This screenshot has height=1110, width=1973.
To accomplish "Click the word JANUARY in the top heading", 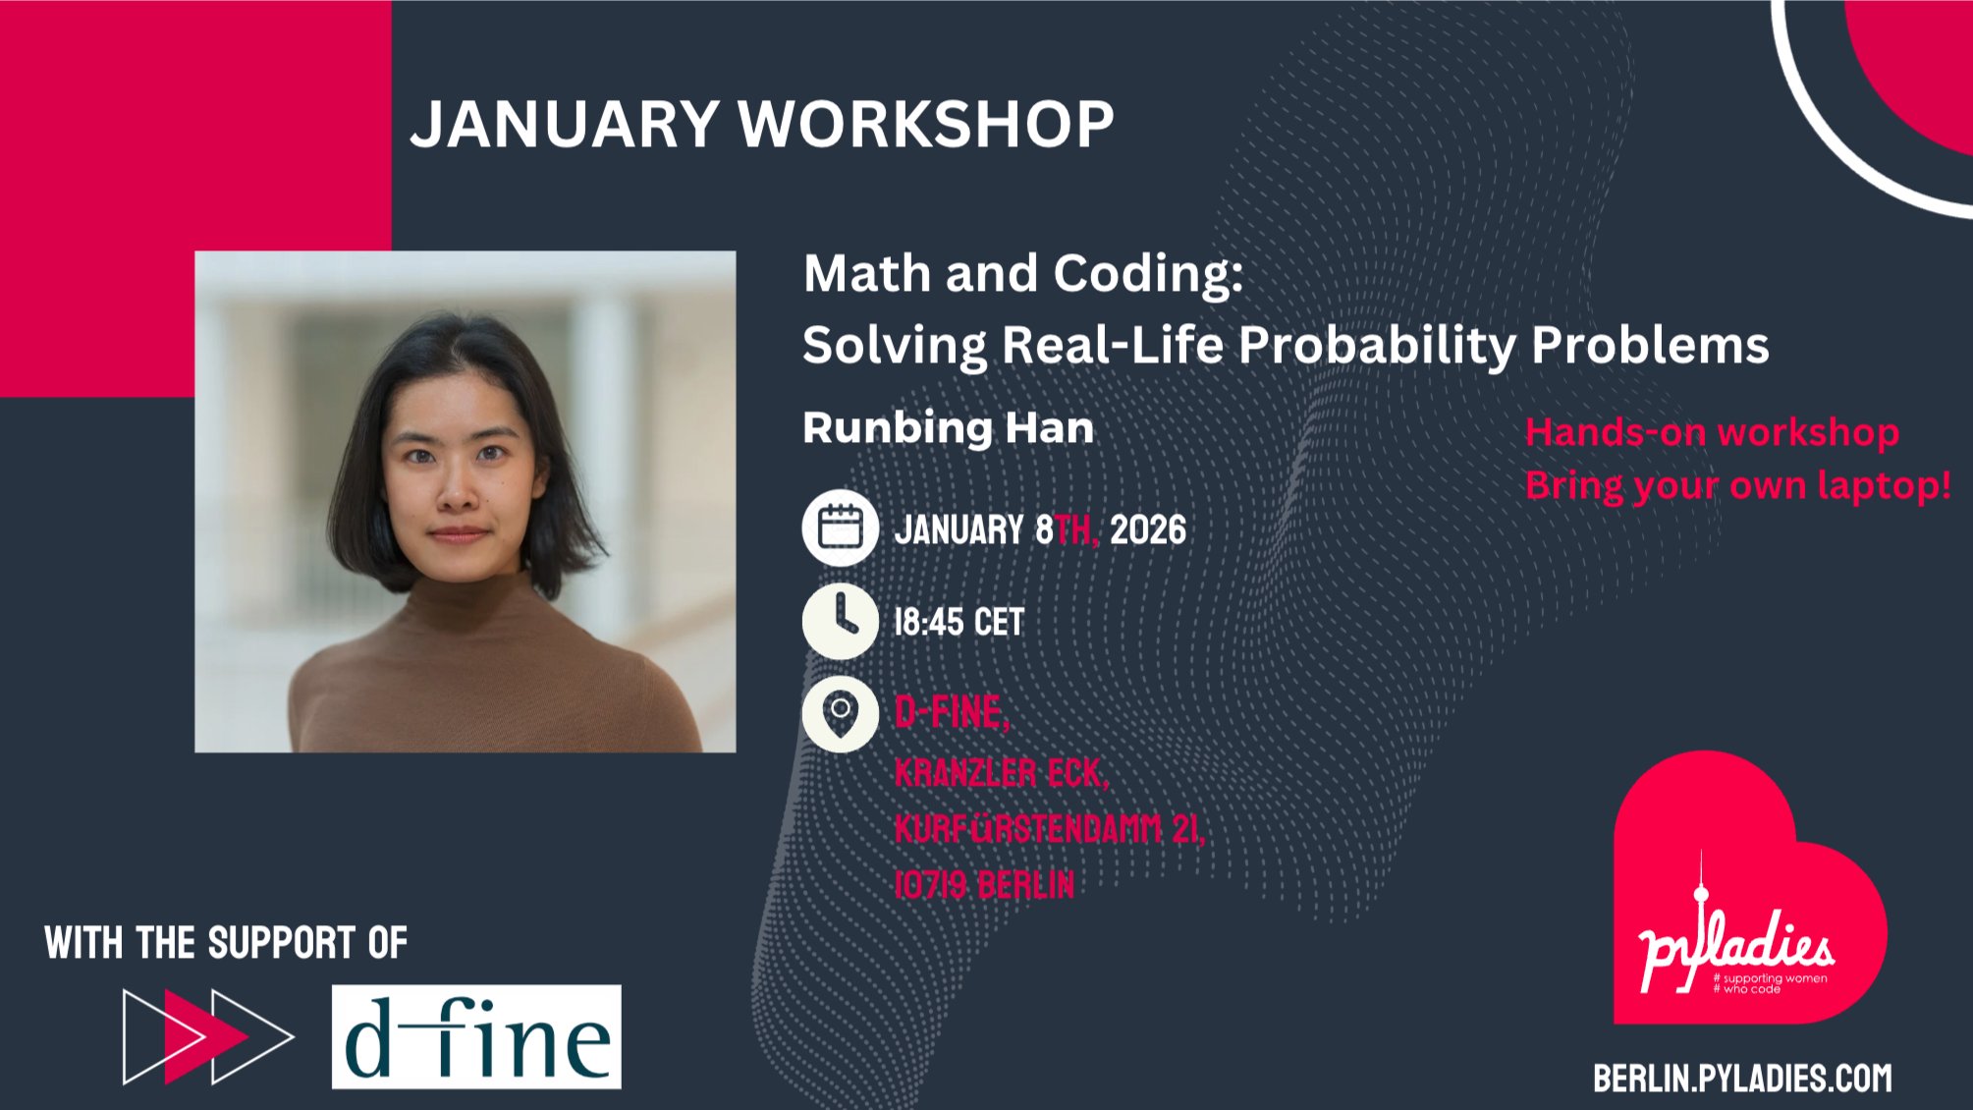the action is (x=565, y=124).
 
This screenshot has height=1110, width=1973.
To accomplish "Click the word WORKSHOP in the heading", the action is (x=926, y=124).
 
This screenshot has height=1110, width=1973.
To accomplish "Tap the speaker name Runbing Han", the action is (x=948, y=428).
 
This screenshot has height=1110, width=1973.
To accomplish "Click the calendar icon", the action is (x=841, y=527).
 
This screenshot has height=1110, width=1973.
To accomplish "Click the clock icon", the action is (x=841, y=621).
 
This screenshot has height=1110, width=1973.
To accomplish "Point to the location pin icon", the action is (x=841, y=714).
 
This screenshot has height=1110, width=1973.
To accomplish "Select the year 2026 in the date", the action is (x=1148, y=530).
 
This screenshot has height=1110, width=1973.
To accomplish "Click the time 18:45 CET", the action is (x=959, y=622).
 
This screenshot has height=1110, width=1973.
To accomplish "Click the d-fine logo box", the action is (x=476, y=1036).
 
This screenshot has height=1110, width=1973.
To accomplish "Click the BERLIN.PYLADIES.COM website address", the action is (x=1742, y=1079).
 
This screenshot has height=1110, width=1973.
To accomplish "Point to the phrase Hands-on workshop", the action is (x=1712, y=432).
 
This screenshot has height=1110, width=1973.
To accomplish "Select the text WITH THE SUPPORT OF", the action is (x=226, y=943).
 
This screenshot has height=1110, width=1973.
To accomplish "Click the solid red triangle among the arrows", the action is (x=206, y=1036).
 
